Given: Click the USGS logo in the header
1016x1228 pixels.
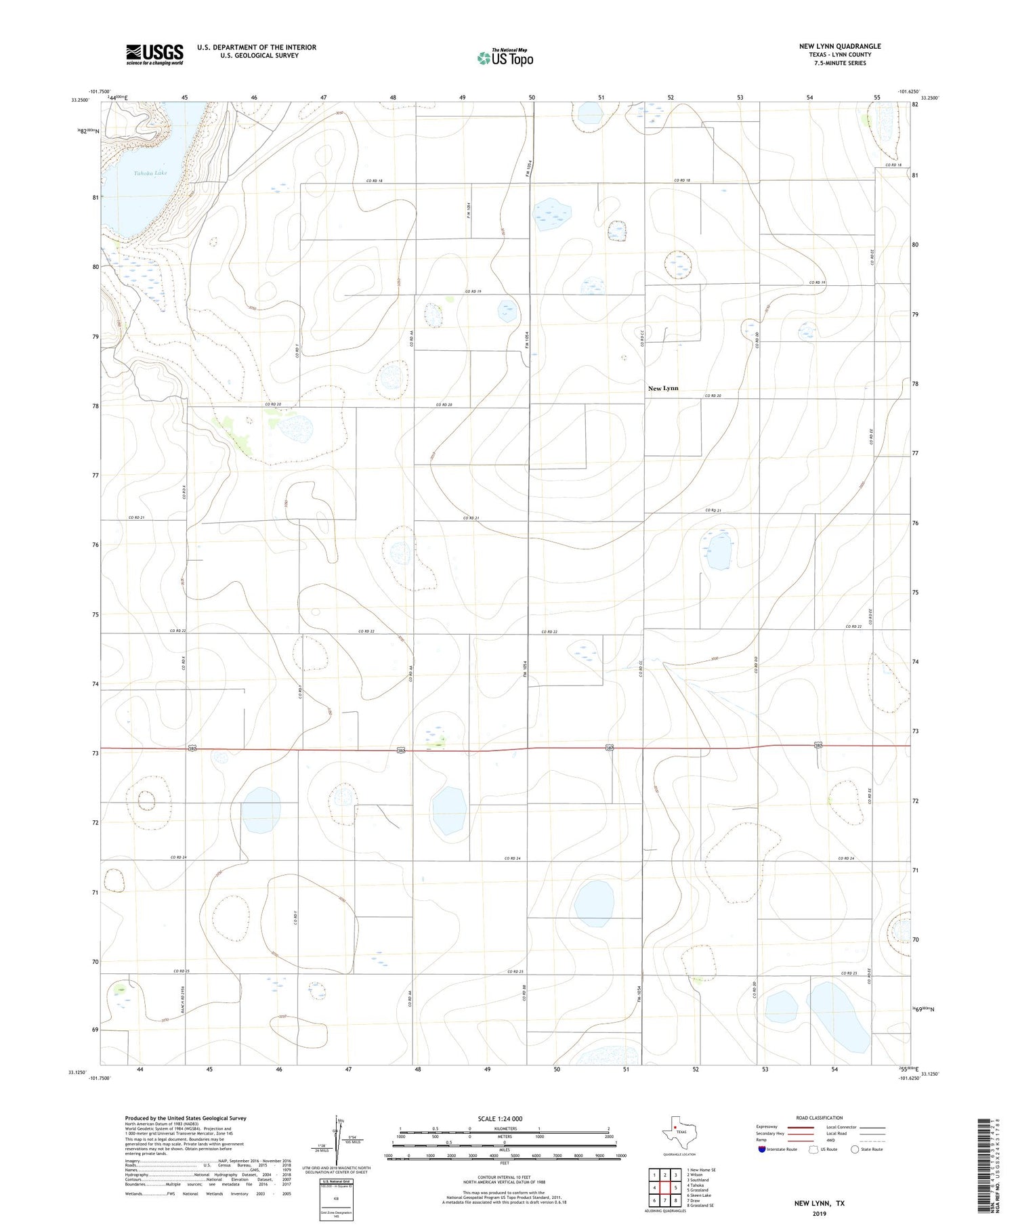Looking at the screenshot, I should (154, 55).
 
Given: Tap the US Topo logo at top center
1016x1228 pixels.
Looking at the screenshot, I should (505, 58).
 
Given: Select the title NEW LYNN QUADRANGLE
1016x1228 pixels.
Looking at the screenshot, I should (839, 46).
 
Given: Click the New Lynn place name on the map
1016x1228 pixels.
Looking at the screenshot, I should (662, 388).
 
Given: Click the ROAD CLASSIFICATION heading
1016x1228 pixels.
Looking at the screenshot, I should (820, 1118).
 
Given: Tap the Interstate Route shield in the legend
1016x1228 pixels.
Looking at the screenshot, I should (762, 1149).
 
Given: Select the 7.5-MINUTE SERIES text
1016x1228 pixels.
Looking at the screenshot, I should (839, 63).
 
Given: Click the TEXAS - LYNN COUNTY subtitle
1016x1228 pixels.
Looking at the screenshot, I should (839, 55).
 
